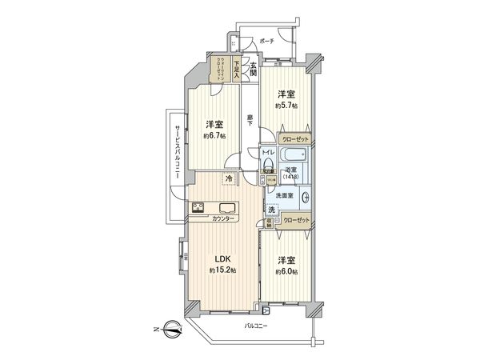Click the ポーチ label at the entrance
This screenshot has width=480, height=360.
[266, 41]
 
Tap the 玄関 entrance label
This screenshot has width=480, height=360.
[254, 70]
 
